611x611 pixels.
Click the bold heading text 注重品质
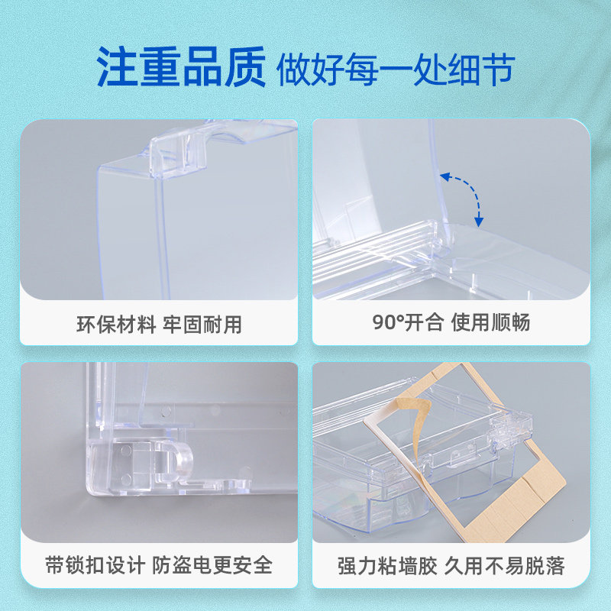click(181, 66)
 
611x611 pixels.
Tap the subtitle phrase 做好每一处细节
click(396, 70)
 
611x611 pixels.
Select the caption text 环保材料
click(116, 324)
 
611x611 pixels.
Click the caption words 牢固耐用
click(202, 324)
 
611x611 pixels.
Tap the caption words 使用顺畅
click(490, 322)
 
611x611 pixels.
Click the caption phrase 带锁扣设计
click(95, 565)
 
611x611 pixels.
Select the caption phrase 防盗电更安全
click(212, 565)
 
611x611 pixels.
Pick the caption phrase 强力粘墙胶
click(387, 566)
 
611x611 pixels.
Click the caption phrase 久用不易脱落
click(505, 566)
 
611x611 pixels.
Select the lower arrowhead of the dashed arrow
click(479, 222)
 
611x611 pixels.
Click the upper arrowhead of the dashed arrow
click(445, 177)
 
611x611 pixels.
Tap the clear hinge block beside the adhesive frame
click(511, 429)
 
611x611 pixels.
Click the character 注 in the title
click(117, 66)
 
